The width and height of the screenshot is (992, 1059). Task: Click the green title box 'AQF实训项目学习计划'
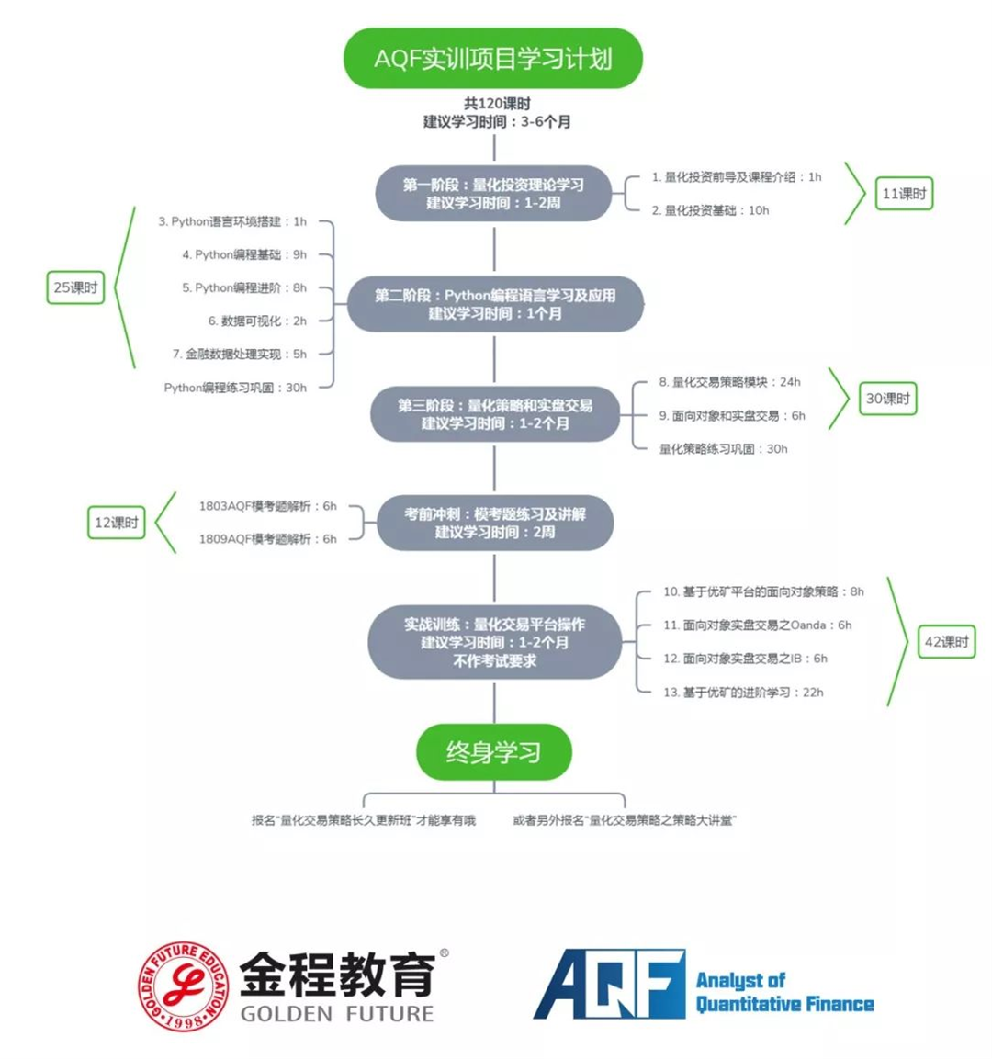[492, 59]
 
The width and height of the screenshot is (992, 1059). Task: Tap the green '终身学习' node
[493, 752]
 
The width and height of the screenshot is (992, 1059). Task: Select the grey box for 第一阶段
[493, 194]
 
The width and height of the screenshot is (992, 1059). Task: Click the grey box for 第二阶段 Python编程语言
[495, 304]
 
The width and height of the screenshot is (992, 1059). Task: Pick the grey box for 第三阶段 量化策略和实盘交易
[495, 414]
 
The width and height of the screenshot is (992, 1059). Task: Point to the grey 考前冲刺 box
[495, 523]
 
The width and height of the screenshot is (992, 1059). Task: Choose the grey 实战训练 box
[495, 642]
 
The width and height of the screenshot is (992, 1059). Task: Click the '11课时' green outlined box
[904, 194]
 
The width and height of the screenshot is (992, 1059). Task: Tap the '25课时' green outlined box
[75, 287]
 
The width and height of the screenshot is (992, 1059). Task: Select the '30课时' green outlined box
[887, 399]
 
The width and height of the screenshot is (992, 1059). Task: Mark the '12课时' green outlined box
[117, 523]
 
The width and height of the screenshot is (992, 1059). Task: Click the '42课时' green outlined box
[946, 642]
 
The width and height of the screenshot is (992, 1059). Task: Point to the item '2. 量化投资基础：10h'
[710, 210]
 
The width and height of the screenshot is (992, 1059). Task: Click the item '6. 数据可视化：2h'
[257, 321]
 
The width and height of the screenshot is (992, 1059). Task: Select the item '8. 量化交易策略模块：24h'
[729, 382]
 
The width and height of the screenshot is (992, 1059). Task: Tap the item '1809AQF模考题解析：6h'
[267, 539]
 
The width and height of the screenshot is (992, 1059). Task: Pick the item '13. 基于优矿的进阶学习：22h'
[743, 693]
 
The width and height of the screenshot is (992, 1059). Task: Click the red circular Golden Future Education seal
[184, 986]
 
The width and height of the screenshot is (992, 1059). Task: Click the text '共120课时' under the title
[496, 104]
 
